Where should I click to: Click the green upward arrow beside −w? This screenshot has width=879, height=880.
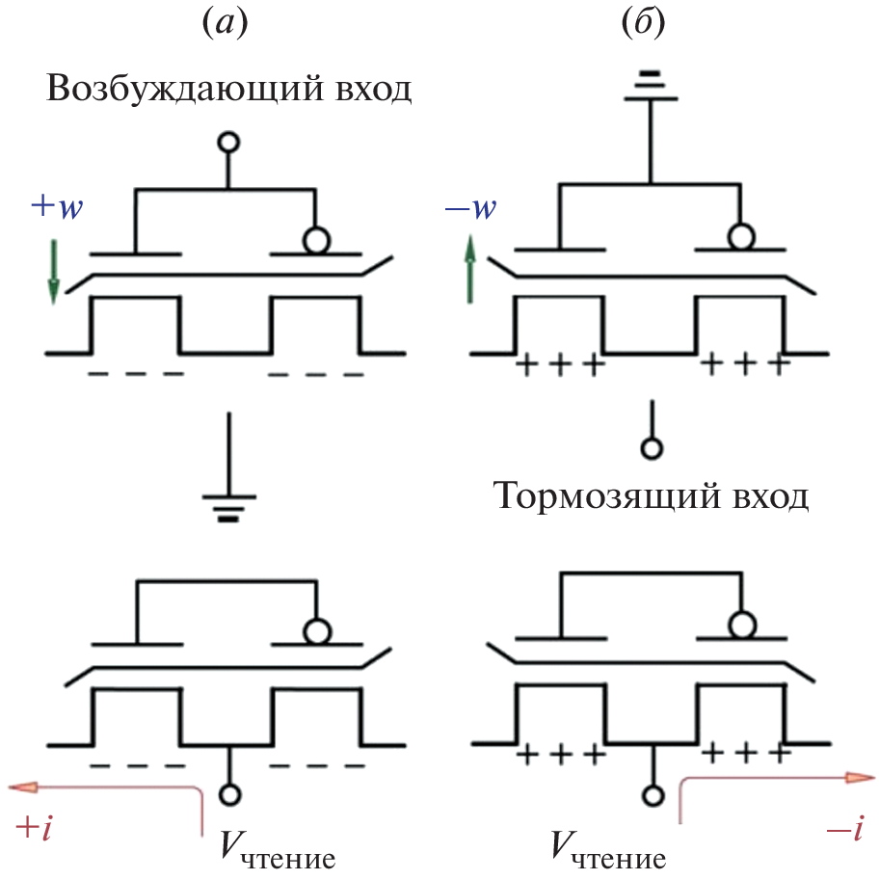pyautogui.click(x=469, y=270)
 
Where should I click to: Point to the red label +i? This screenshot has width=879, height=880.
pyautogui.click(x=35, y=826)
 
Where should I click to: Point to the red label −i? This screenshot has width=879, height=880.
pyautogui.click(x=846, y=827)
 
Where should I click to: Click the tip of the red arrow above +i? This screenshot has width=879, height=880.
pyautogui.click(x=13, y=787)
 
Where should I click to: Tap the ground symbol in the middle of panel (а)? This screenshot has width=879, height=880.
pyautogui.click(x=228, y=505)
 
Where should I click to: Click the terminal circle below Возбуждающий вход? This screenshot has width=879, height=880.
pyautogui.click(x=228, y=144)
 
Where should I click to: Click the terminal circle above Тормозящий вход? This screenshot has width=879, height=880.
pyautogui.click(x=653, y=448)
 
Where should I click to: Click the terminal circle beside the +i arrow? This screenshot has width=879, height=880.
pyautogui.click(x=228, y=794)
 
